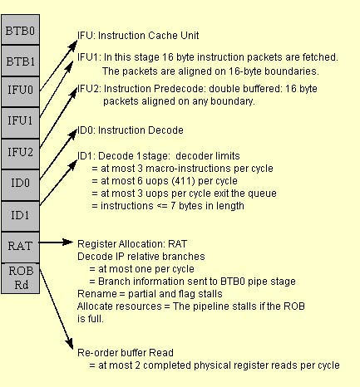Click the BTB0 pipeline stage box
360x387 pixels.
click(x=21, y=30)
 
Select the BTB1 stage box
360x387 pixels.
click(x=21, y=61)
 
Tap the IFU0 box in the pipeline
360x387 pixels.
click(x=21, y=91)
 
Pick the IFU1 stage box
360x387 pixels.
click(x=21, y=123)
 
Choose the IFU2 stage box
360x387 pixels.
click(x=21, y=154)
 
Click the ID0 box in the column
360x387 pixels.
click(x=21, y=185)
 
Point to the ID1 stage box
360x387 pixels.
click(x=21, y=216)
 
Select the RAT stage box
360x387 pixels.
click(x=21, y=247)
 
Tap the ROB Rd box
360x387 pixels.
click(x=21, y=278)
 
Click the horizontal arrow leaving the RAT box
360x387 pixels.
click(x=56, y=242)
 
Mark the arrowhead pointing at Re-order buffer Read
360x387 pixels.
click(x=70, y=343)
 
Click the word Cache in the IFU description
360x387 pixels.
click(x=163, y=36)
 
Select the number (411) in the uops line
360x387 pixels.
click(x=183, y=181)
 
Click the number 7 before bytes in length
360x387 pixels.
click(x=173, y=206)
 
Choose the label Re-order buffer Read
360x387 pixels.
click(x=126, y=353)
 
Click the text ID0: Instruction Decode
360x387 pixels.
click(x=131, y=130)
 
